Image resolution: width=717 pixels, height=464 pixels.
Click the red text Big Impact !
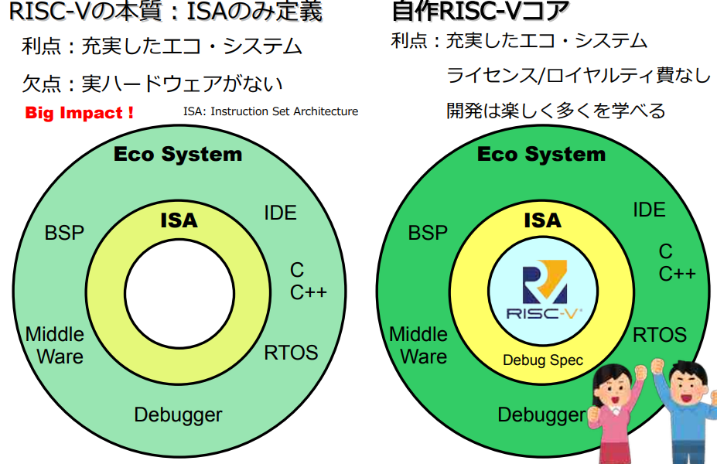(x=80, y=113)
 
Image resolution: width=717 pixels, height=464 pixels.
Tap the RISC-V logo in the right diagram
(x=544, y=294)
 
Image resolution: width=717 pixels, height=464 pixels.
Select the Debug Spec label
(x=543, y=360)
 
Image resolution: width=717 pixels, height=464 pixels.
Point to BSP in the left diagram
(x=64, y=232)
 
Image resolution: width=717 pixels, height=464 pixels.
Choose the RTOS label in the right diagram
(x=660, y=335)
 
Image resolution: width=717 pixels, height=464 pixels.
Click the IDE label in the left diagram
(x=280, y=213)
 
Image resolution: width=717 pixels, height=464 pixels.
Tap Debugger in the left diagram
(x=178, y=415)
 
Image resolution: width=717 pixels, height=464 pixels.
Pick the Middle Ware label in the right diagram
(x=418, y=345)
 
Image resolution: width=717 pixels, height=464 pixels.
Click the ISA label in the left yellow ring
(x=179, y=220)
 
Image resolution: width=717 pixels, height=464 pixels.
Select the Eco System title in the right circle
(x=541, y=154)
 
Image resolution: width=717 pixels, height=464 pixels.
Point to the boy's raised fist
(x=658, y=365)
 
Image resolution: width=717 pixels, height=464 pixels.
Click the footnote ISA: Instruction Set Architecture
(x=271, y=111)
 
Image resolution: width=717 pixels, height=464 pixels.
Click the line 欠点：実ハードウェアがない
(x=152, y=84)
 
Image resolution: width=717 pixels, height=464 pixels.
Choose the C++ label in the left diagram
(x=309, y=292)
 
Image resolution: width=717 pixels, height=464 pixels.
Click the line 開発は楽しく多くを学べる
(x=556, y=111)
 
